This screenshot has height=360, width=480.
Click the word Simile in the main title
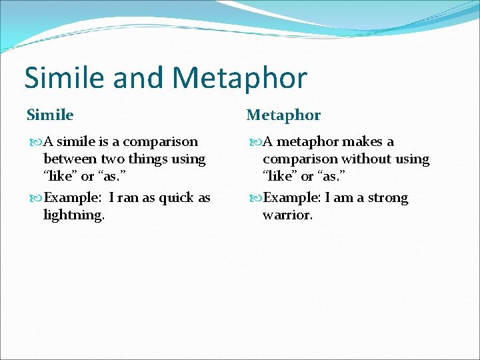(x=65, y=77)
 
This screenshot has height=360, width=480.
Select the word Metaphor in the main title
(x=239, y=77)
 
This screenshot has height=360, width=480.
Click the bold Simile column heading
(x=50, y=115)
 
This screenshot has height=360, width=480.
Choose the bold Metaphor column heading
(x=283, y=115)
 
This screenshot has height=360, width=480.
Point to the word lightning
(x=73, y=215)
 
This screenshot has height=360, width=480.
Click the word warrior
(x=287, y=215)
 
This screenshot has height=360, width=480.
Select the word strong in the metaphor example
(x=385, y=198)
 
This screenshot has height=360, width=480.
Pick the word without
(x=365, y=159)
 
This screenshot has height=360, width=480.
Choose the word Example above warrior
(x=291, y=198)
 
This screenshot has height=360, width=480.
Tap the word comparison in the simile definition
(x=161, y=141)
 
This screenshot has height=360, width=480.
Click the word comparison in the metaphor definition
(x=300, y=159)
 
